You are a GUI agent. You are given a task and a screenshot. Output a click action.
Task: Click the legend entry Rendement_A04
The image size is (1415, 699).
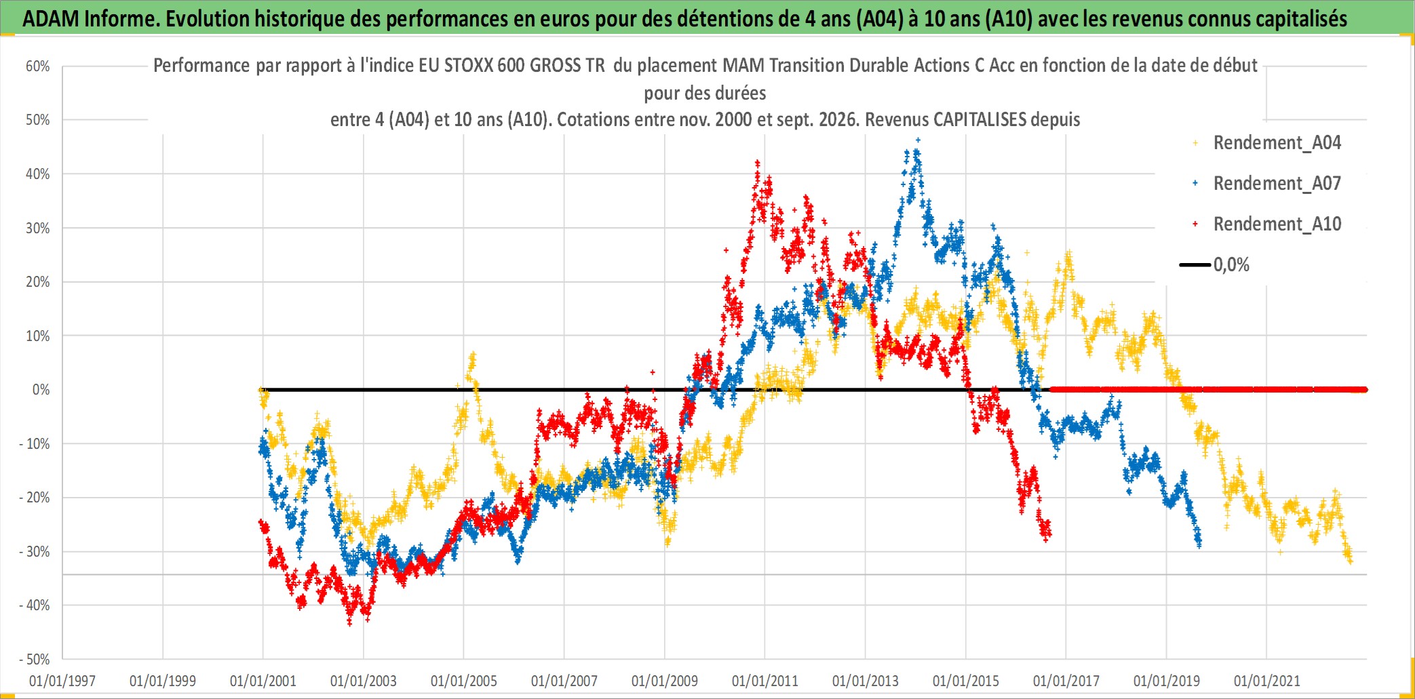(x=1277, y=143)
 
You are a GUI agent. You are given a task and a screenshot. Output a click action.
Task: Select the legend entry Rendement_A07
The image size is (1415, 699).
(x=1277, y=184)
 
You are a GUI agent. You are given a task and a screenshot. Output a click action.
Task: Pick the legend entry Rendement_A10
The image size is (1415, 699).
(x=1277, y=224)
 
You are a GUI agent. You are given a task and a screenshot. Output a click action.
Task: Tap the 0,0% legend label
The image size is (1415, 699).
(x=1231, y=265)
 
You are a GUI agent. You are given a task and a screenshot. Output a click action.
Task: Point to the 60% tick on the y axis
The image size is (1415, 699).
(x=38, y=66)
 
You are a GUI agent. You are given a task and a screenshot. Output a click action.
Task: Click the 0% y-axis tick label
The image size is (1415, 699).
(x=41, y=390)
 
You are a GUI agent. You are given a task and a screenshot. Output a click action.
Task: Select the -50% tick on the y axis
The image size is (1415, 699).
(x=35, y=659)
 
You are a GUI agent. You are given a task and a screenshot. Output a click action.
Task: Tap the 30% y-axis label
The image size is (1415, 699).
(x=38, y=228)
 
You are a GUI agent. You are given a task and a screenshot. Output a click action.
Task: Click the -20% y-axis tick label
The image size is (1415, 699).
(x=35, y=498)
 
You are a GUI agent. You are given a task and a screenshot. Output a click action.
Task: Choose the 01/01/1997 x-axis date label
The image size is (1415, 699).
(x=62, y=681)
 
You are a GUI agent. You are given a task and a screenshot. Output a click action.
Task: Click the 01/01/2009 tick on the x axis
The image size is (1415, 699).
(x=665, y=681)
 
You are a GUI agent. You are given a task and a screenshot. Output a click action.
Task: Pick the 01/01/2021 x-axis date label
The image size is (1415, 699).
(x=1267, y=681)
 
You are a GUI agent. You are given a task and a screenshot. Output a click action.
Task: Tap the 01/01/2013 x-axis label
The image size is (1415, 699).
(x=866, y=681)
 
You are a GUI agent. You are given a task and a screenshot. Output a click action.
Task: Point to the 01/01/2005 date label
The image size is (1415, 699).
(x=464, y=681)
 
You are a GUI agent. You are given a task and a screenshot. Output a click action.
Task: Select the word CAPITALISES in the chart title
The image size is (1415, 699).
(x=980, y=120)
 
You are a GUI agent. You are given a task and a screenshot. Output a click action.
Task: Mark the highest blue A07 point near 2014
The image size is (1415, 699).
(x=918, y=140)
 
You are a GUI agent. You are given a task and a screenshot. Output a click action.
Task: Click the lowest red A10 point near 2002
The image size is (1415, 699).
(x=350, y=623)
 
